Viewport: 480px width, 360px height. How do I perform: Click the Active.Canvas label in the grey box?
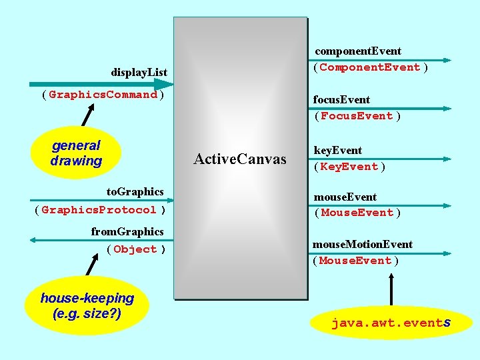(239, 159)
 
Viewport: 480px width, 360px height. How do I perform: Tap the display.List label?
(139, 71)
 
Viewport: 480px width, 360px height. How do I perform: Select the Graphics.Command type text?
(103, 95)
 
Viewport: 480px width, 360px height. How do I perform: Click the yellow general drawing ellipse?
(76, 153)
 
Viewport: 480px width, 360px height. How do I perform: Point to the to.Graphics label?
(135, 192)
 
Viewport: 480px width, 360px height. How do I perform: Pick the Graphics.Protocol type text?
(99, 210)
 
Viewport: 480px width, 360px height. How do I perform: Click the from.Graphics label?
(127, 232)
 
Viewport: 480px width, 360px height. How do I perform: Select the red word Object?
(135, 249)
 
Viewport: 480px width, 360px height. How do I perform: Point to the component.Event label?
(358, 51)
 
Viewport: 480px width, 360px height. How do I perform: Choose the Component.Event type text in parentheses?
(370, 67)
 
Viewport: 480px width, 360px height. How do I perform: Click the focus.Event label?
(341, 100)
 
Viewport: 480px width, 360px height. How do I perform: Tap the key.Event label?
(337, 151)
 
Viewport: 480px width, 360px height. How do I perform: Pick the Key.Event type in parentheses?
(349, 167)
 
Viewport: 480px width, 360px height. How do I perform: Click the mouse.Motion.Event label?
(363, 245)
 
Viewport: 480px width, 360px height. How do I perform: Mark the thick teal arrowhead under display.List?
(162, 85)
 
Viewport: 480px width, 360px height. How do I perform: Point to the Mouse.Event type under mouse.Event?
(357, 213)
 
